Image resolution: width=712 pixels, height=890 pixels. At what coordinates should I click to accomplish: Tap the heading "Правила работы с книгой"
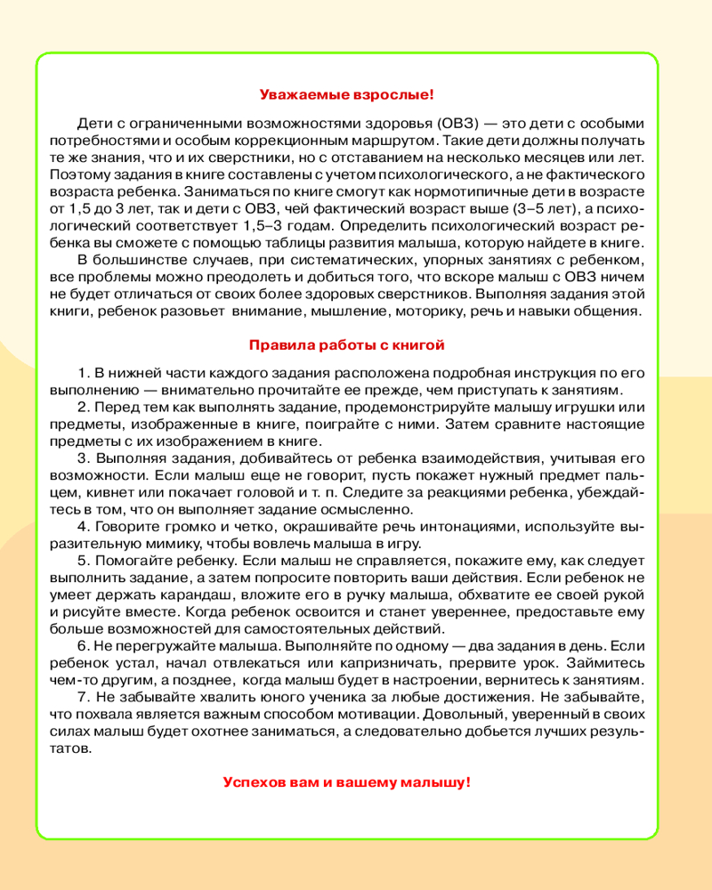pyautogui.click(x=346, y=344)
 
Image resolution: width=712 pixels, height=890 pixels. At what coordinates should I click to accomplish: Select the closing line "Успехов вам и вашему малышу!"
pyautogui.click(x=346, y=782)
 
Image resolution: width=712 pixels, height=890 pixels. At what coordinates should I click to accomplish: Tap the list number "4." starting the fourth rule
pyautogui.click(x=84, y=527)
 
